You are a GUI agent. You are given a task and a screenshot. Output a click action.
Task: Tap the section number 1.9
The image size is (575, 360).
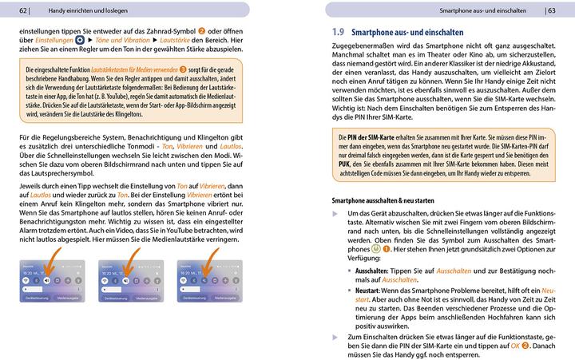[x=338, y=33]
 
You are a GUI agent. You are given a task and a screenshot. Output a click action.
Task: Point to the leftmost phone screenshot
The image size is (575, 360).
[x=47, y=280]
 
